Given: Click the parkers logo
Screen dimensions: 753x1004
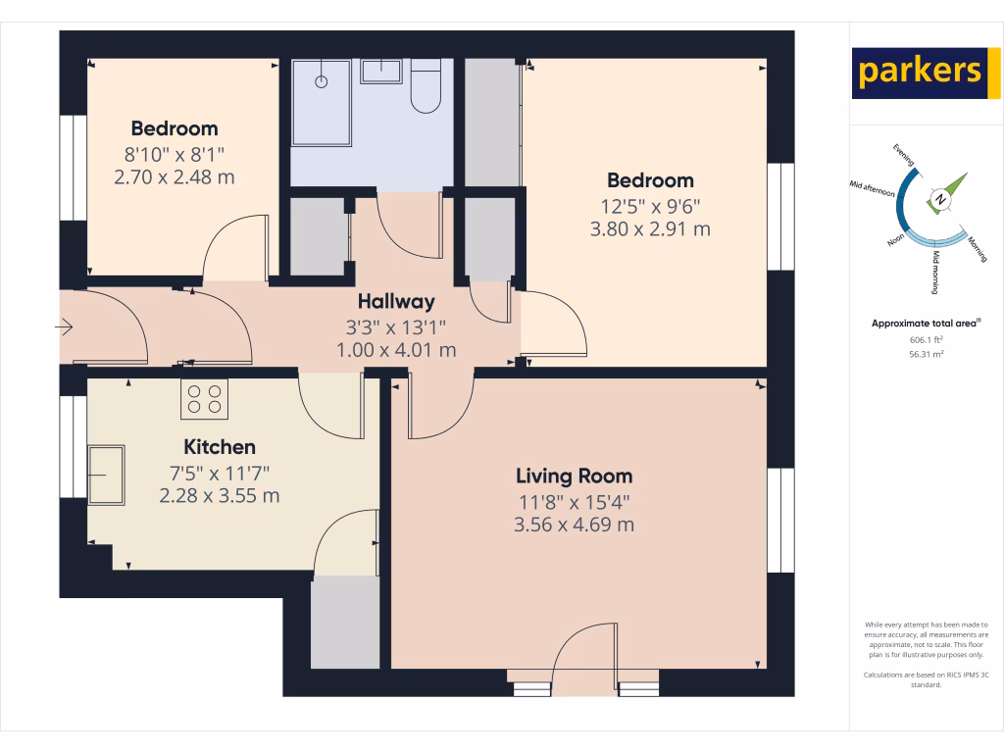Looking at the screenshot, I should [919, 73].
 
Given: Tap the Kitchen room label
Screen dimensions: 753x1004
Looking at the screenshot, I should [220, 447].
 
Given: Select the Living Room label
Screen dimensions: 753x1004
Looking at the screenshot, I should [574, 477].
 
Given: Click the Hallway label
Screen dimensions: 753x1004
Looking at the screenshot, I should [395, 302].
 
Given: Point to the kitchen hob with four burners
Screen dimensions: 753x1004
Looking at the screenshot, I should [204, 398].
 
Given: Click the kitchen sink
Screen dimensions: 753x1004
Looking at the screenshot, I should [106, 475].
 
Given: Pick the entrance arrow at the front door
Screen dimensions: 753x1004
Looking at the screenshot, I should [67, 327].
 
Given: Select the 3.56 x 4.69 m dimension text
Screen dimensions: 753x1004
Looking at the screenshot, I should [574, 525].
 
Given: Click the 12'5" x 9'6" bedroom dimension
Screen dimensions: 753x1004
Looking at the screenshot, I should [651, 206].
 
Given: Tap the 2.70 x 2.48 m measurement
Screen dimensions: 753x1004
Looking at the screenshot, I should [175, 177].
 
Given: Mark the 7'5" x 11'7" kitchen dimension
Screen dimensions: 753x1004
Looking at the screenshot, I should [220, 473].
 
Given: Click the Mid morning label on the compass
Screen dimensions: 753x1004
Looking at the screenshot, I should [935, 273].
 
